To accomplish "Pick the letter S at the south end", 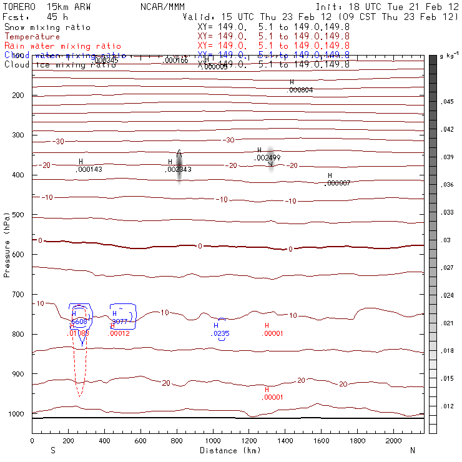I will point(52,450).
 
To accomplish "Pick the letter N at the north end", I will point(413,450).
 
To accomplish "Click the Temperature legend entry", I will point(32,37).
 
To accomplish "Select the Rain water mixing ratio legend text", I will point(62,46).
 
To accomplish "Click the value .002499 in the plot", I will point(267,158).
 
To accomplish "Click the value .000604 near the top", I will point(300,90).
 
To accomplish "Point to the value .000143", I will point(89,169).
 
